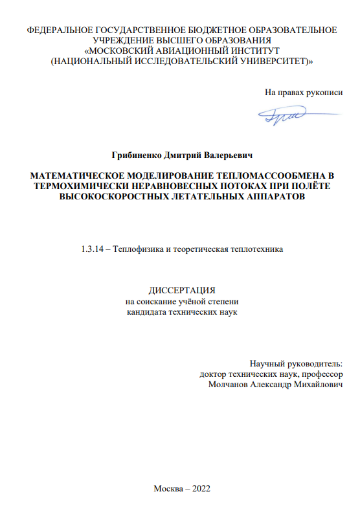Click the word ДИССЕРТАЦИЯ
[179, 291]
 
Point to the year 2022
[197, 488]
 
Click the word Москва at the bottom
[168, 488]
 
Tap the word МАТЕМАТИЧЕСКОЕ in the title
[70, 175]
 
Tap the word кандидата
[146, 311]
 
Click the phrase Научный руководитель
[297, 364]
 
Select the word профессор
[322, 374]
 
